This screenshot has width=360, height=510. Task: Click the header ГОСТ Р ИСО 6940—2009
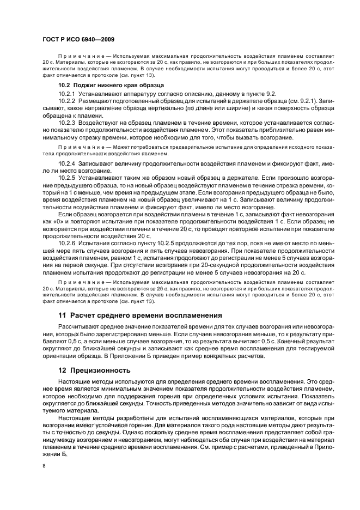[78, 40]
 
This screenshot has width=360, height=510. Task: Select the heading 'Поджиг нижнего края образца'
[118, 85]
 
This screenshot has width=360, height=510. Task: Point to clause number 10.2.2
[67, 101]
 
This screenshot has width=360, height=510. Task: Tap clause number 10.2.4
[67, 163]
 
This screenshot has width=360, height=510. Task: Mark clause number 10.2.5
[67, 178]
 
